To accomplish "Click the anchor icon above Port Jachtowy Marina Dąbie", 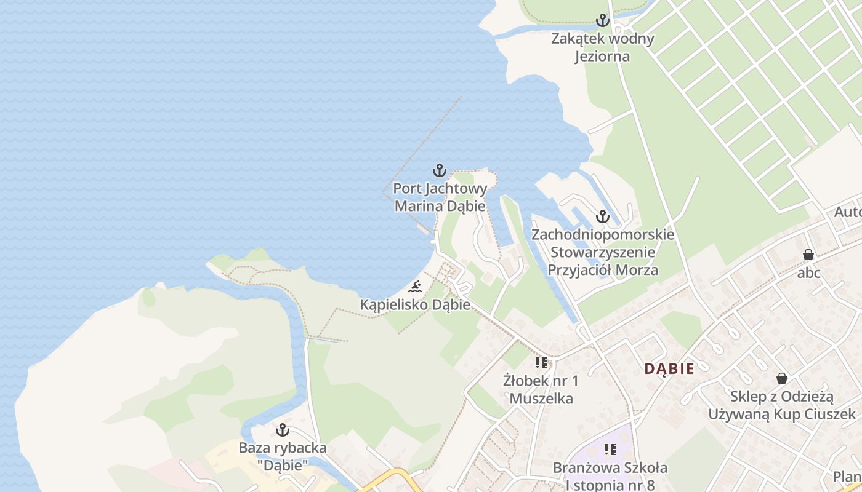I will coord(439,170).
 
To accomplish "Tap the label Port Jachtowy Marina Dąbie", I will coord(440,197).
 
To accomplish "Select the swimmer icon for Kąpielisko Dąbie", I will coord(416,287).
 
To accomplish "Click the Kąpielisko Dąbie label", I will coord(415,304).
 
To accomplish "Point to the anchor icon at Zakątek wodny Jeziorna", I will coord(602,20).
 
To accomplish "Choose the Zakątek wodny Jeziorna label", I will coord(602,47).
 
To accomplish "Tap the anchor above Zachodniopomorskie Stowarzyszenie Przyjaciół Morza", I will coord(602,216).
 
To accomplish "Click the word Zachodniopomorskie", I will coord(602,235).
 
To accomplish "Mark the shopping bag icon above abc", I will coord(808,255).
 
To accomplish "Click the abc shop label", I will coord(808,272).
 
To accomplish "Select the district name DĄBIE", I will coord(669,369).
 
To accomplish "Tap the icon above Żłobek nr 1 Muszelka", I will coord(541,363).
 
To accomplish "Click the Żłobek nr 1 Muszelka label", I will coord(541,389).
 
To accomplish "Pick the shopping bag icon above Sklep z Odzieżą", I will coord(782,378).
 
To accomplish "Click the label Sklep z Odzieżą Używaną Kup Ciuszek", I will coord(782,405).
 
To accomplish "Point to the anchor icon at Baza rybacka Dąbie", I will coord(283,429).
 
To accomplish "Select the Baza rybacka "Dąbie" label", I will coord(283,456).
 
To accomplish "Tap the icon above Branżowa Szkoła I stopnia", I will coord(610,450).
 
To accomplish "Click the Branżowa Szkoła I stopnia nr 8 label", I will coord(610,476).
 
